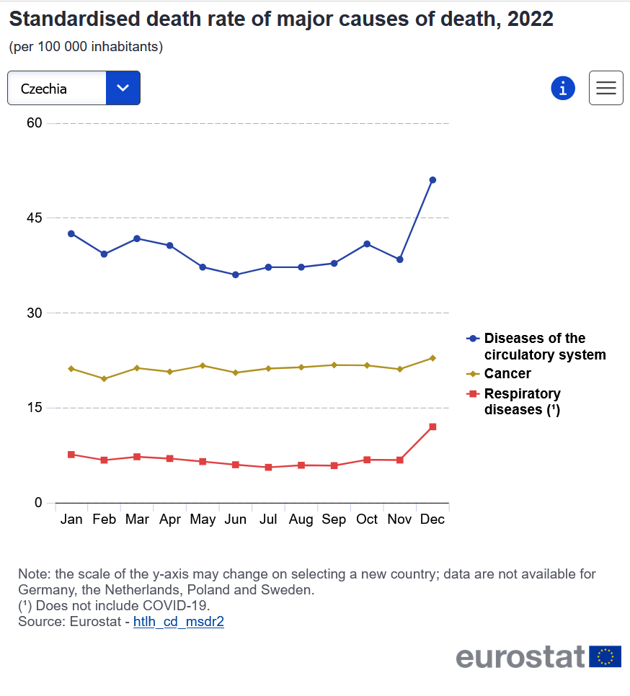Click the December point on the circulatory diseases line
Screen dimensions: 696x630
click(x=432, y=180)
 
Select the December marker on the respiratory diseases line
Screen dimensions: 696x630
click(x=432, y=427)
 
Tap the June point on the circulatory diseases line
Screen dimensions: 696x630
click(x=235, y=275)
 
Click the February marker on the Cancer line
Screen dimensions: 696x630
click(x=104, y=378)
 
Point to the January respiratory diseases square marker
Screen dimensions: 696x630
click(x=71, y=455)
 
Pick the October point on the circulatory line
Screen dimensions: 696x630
click(x=367, y=244)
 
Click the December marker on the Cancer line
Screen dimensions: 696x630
click(x=432, y=358)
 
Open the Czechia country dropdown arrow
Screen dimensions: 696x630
click(x=123, y=88)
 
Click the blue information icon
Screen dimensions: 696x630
click(x=563, y=88)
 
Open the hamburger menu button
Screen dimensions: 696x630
click(x=605, y=88)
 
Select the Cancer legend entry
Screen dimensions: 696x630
click(x=507, y=374)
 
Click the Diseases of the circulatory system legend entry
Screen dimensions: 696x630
click(x=544, y=347)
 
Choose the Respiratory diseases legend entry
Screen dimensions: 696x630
click(x=522, y=401)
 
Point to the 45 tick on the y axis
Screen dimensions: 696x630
click(x=35, y=218)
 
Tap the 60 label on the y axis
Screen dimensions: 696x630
click(x=35, y=123)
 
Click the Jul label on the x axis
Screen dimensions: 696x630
click(x=267, y=519)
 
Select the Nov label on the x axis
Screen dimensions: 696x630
click(x=400, y=519)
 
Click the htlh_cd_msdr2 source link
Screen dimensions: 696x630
click(x=179, y=622)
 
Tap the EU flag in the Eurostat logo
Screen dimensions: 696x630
click(x=605, y=656)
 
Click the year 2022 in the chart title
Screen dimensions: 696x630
click(x=530, y=19)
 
